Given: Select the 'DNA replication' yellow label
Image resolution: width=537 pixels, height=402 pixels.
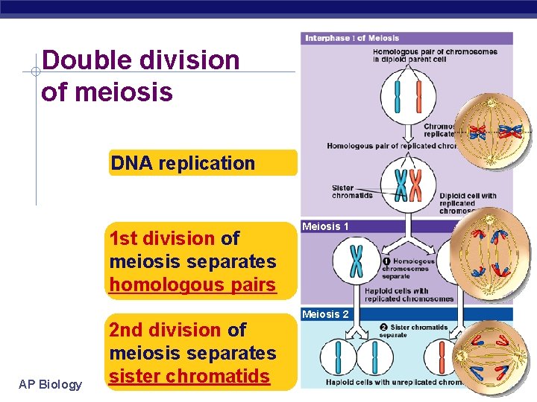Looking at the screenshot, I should [183, 163].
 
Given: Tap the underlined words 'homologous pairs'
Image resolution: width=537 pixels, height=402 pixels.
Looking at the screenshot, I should [192, 284].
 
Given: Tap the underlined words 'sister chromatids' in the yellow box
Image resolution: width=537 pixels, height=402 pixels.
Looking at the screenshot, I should [189, 376].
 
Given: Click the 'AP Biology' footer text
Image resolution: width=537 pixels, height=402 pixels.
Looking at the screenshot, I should [51, 384].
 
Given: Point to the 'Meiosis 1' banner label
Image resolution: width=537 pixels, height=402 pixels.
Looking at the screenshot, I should [325, 226].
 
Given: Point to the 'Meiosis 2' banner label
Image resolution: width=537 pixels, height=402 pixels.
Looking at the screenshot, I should [325, 314].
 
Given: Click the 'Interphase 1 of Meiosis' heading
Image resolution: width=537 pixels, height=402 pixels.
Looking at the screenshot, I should [352, 38].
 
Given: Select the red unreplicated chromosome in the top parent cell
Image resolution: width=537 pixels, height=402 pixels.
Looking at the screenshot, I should [418, 96].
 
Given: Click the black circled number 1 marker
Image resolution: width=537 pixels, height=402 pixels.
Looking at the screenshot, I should [386, 261].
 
